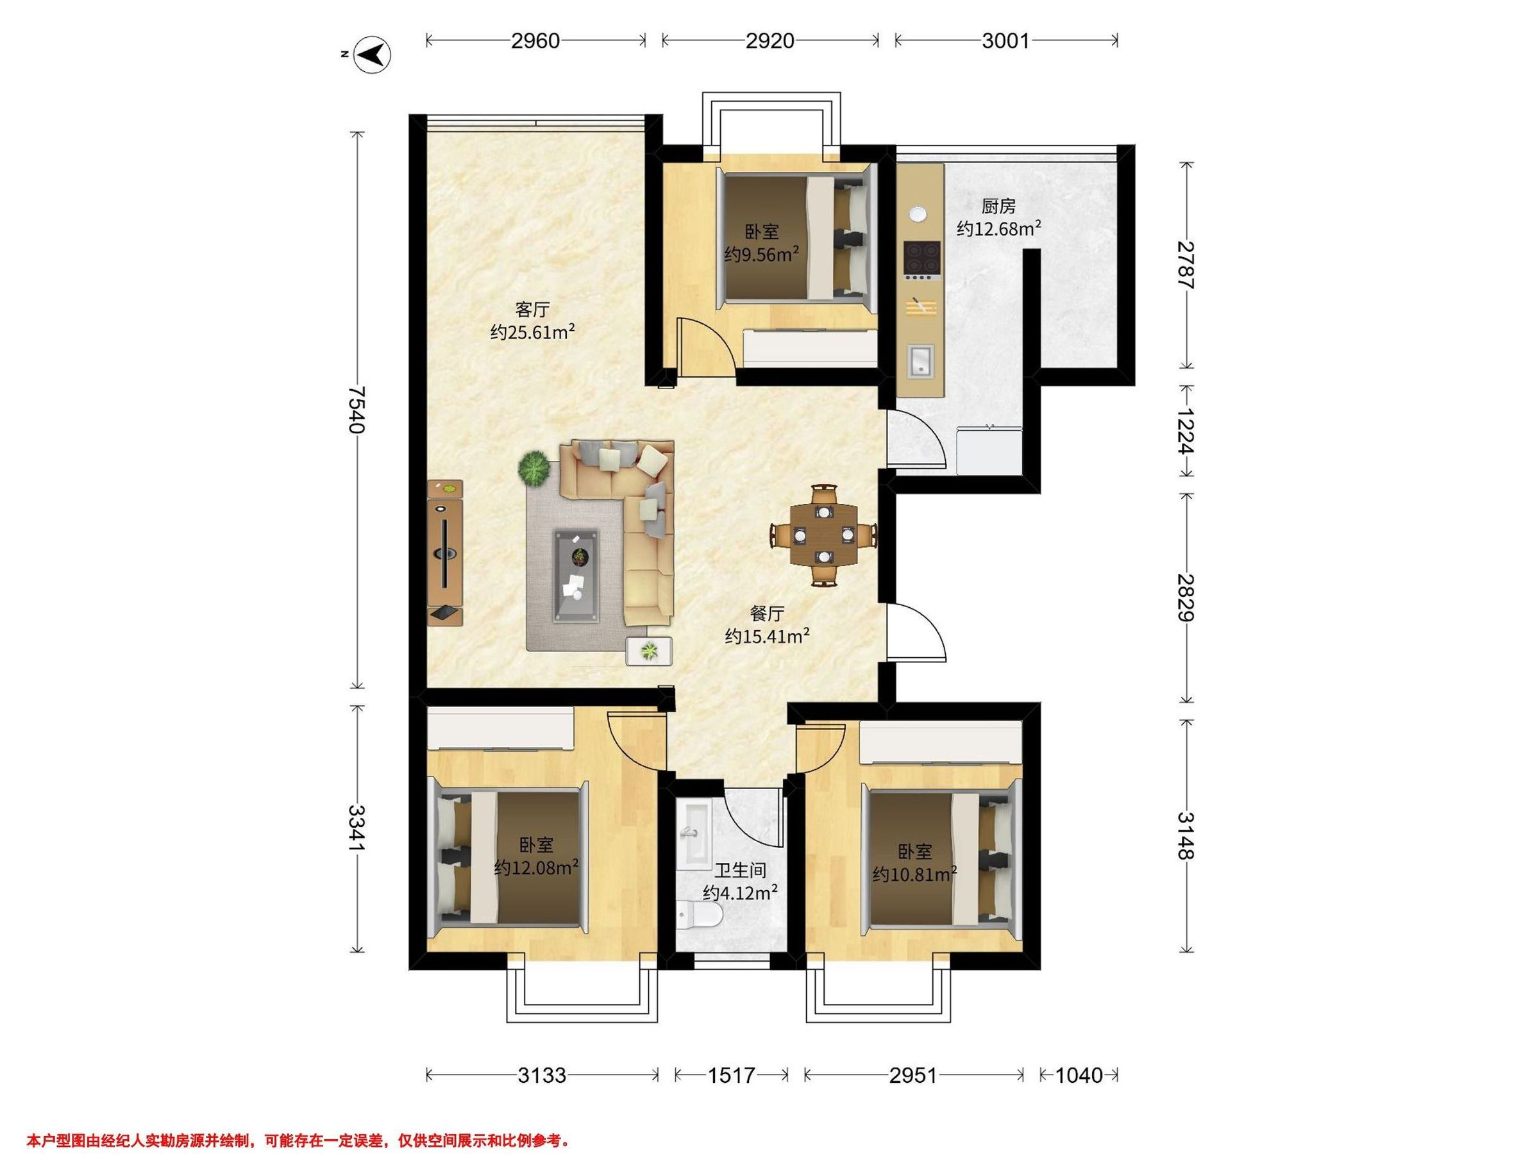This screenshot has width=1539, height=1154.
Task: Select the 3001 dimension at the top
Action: (1005, 41)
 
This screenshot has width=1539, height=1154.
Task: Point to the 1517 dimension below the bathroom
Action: (731, 1075)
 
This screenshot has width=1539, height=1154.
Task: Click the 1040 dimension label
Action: (1079, 1075)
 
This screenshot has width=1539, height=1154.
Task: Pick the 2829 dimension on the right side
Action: (1186, 598)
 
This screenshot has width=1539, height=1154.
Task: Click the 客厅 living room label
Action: (532, 309)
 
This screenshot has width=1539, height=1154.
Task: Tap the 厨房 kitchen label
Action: (998, 206)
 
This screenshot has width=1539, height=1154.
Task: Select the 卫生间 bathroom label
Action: (740, 869)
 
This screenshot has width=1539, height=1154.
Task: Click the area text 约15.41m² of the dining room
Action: (768, 636)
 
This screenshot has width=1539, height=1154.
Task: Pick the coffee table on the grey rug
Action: (575, 574)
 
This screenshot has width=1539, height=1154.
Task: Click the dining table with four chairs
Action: (824, 535)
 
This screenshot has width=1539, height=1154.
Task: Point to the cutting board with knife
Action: (921, 306)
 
